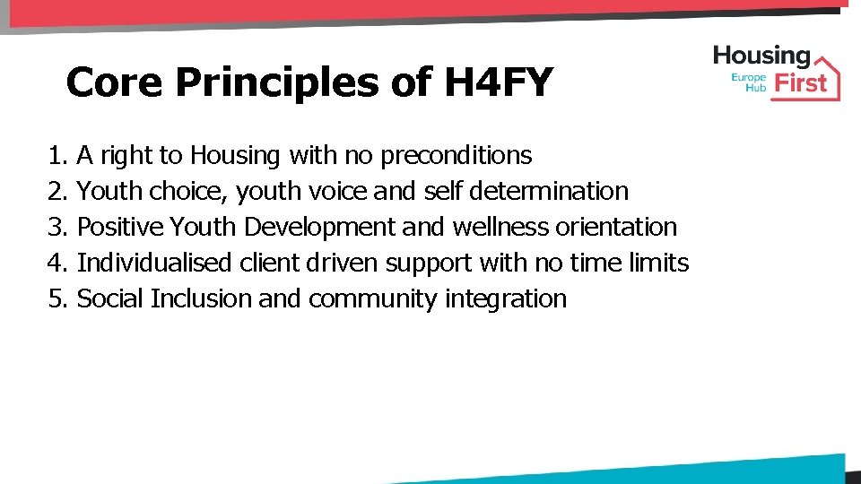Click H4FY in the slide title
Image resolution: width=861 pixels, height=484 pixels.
[x=498, y=82]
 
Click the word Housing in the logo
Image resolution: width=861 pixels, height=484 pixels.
[x=761, y=56]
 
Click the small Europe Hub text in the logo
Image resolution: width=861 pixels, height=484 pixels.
[x=750, y=83]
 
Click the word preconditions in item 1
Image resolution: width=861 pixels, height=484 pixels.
[x=457, y=156]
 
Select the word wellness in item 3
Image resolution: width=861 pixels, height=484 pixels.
[x=500, y=228]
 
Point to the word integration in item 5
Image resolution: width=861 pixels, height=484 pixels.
[x=506, y=299]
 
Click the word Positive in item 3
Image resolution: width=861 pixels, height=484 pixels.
[x=120, y=228]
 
